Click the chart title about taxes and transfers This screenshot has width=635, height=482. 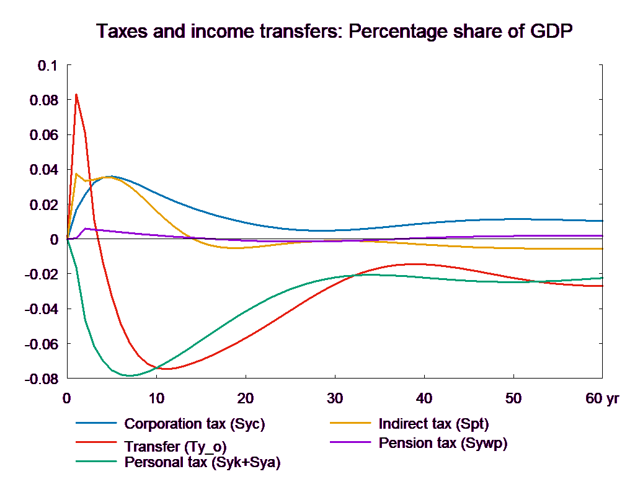point(335,32)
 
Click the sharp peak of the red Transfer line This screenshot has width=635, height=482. point(76,95)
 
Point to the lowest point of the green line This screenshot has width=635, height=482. point(129,375)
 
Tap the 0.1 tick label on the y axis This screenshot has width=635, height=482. point(46,66)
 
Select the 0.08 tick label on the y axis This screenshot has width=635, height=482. point(42,100)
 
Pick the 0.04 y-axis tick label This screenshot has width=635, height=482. point(42,170)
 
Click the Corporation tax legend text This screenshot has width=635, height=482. point(195,424)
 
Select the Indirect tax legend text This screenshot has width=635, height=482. point(433,424)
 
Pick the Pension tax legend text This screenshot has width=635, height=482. point(443,443)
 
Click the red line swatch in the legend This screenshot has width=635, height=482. point(96,443)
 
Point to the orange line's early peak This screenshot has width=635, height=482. point(76,174)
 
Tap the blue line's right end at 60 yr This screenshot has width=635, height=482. point(603,221)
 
